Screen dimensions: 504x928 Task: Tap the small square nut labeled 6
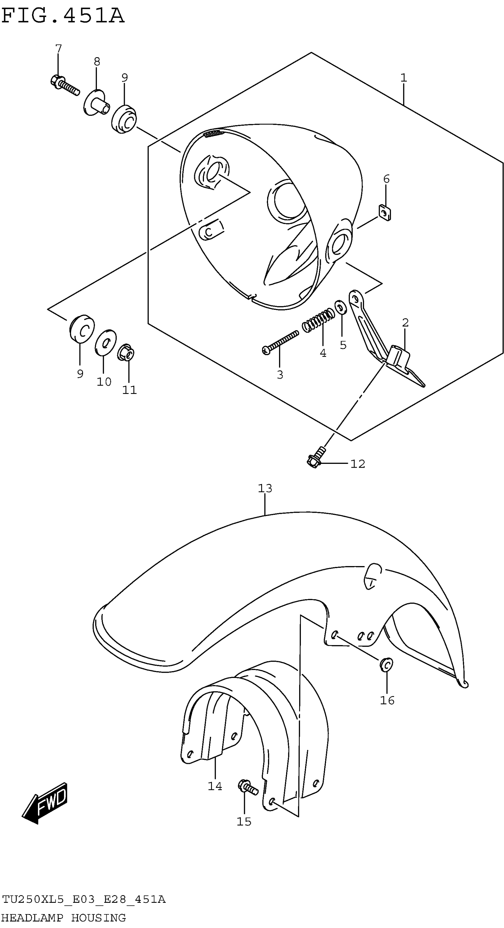coord(385,213)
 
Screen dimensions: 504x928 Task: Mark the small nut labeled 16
coord(386,664)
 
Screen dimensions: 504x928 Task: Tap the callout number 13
coord(265,488)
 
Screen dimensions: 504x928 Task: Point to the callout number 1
coord(403,78)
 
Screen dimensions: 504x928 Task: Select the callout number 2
coord(405,323)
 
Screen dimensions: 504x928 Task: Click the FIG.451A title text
coord(63,16)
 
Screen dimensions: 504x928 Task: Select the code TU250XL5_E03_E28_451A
coord(84,900)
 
